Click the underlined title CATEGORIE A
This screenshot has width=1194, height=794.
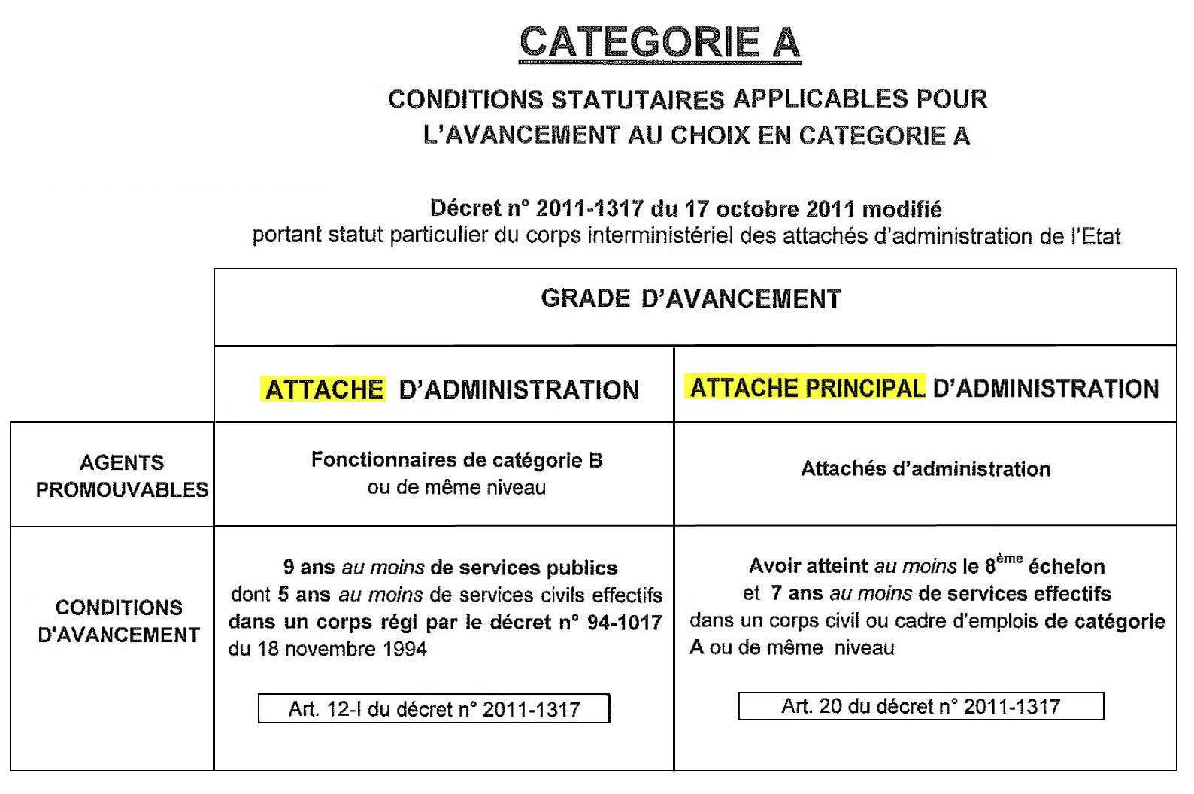(659, 42)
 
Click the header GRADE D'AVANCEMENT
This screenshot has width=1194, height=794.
(691, 299)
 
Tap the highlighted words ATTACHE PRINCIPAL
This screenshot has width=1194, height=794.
(807, 388)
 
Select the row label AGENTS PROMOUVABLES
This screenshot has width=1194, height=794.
(122, 476)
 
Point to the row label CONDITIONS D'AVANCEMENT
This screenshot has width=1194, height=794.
(119, 621)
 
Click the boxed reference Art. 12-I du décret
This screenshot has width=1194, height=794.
(434, 709)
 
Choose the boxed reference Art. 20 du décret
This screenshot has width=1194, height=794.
(920, 706)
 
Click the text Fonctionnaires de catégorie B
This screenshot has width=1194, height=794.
(456, 460)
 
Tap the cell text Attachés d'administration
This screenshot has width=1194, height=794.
(926, 469)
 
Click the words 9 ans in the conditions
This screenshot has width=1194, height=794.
(308, 568)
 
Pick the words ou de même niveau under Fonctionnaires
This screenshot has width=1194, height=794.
(456, 487)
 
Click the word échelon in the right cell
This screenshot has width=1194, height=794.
(1066, 566)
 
